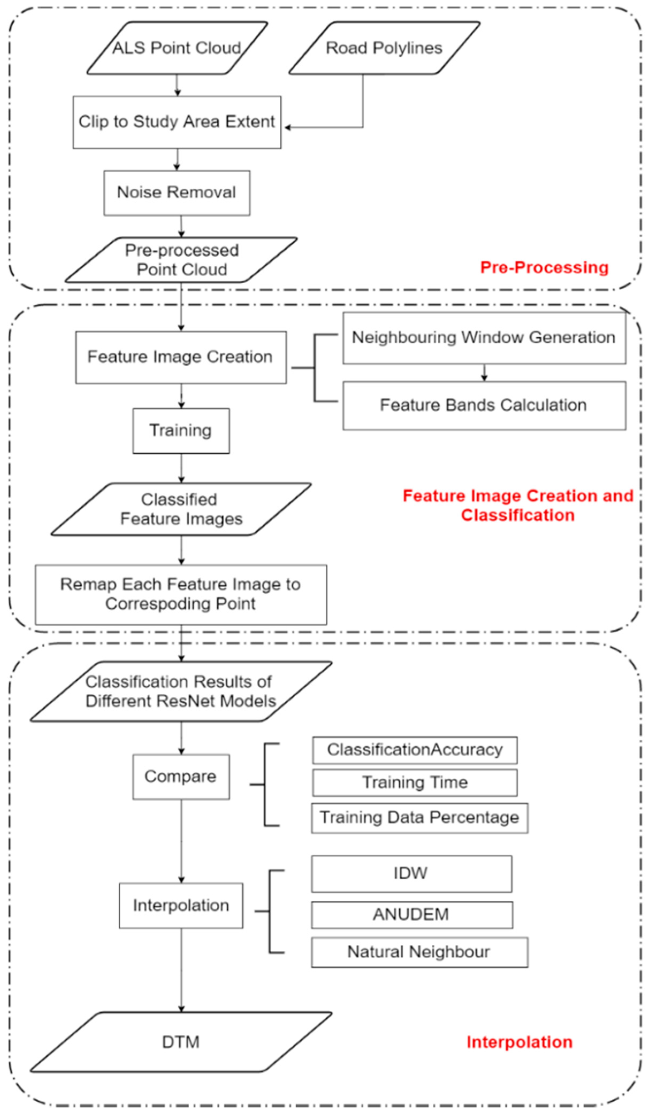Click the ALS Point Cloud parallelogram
177,48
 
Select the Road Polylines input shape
384,48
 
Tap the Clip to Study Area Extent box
177,122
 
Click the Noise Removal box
177,193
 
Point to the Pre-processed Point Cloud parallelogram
181,260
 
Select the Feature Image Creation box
180,357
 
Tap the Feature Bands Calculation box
484,405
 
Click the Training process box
181,430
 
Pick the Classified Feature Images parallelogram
181,509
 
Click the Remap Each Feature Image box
181,594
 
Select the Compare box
181,777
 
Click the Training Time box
415,782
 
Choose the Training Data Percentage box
419,817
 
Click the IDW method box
411,873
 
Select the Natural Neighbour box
419,952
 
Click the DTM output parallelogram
181,1042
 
